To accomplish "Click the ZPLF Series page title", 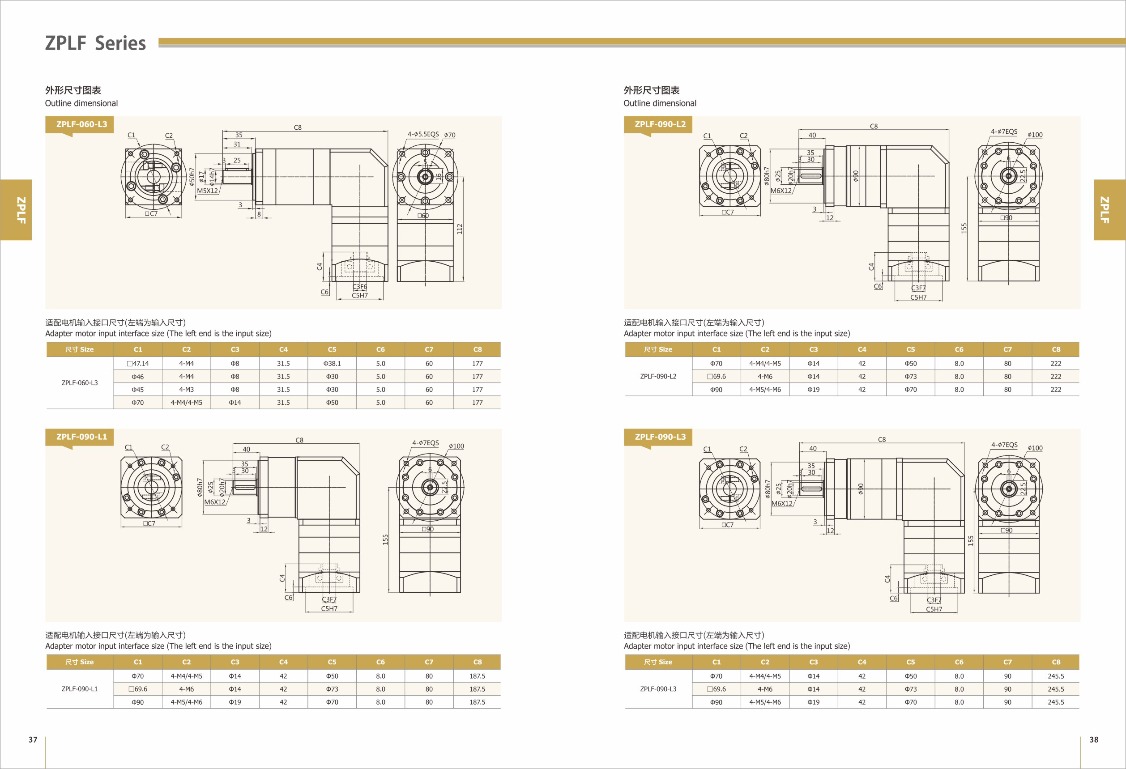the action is click(x=95, y=43).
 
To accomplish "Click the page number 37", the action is click(x=33, y=739).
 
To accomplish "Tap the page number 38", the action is click(x=1093, y=739).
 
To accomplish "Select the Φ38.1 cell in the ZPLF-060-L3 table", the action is click(x=332, y=363).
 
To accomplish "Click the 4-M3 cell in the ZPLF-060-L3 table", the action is click(x=187, y=389).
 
